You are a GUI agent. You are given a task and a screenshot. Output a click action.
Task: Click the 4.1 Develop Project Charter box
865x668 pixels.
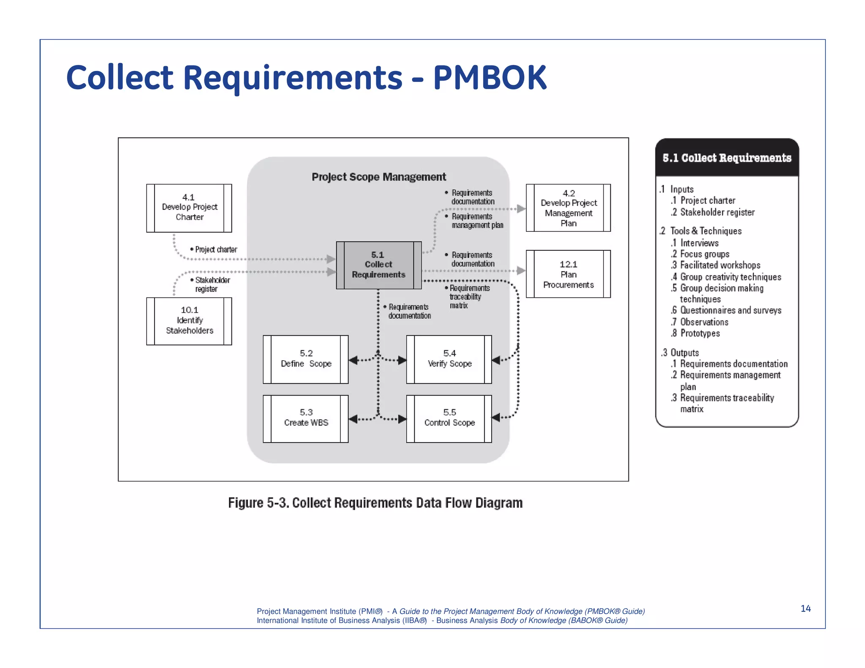[x=189, y=208]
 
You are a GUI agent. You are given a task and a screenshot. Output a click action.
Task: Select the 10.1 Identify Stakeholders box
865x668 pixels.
[x=189, y=321]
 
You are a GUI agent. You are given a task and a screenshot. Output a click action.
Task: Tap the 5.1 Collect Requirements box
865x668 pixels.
[x=378, y=265]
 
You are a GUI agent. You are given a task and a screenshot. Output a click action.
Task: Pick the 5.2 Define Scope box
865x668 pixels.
[x=306, y=359]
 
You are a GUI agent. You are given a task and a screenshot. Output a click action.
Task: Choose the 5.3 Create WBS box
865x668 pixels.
[x=306, y=418]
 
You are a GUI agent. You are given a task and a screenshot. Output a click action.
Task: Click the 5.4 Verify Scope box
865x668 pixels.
[x=449, y=359]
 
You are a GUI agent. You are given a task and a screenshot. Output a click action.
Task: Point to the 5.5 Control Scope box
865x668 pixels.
[x=449, y=418]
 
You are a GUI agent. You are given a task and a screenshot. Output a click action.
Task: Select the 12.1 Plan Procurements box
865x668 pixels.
[x=568, y=274]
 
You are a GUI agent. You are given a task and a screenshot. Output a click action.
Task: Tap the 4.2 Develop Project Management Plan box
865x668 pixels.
[x=568, y=208]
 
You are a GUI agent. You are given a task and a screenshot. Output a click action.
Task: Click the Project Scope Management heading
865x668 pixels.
[x=378, y=177]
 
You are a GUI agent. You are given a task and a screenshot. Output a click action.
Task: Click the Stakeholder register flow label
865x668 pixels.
[x=211, y=285]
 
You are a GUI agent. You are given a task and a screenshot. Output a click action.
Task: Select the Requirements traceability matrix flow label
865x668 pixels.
[x=468, y=297]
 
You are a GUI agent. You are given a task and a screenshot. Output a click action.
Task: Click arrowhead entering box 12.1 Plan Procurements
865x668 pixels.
[x=521, y=271]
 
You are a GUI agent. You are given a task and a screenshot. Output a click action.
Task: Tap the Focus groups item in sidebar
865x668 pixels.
[x=704, y=254]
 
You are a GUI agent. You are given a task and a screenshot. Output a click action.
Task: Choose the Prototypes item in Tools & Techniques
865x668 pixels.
[x=699, y=333]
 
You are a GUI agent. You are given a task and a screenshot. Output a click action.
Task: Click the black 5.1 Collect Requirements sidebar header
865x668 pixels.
[x=726, y=158]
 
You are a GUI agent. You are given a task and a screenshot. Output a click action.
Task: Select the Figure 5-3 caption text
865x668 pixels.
[x=375, y=503]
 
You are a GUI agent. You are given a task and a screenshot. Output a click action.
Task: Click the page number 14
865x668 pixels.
[x=805, y=608]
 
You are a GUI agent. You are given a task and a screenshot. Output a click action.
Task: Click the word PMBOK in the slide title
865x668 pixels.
[x=490, y=78]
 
